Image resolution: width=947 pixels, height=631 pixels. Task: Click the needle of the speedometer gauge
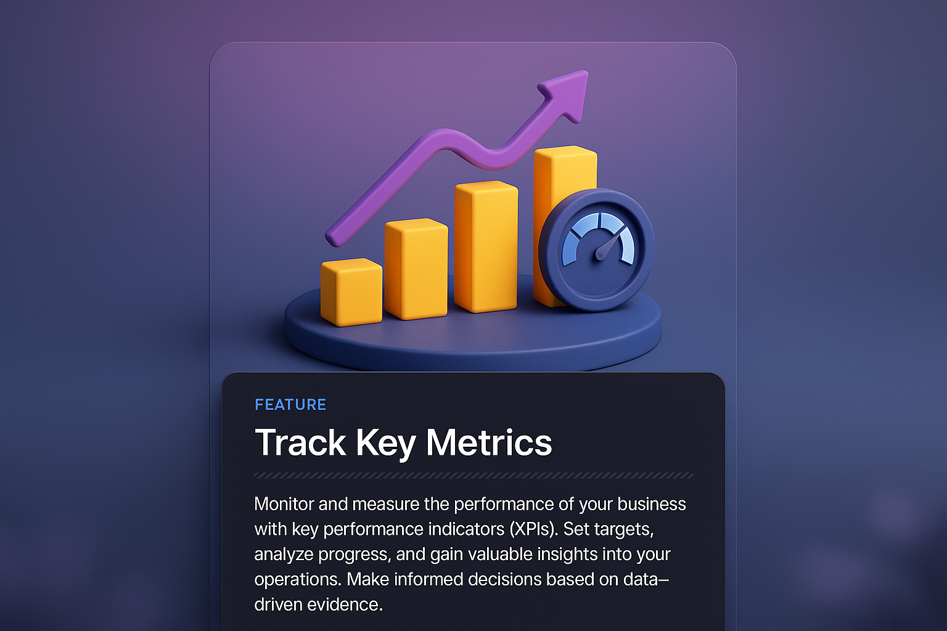pyautogui.click(x=607, y=246)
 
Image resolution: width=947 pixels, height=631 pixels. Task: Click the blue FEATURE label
pyautogui.click(x=290, y=405)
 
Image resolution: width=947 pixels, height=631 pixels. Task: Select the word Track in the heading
pyautogui.click(x=301, y=442)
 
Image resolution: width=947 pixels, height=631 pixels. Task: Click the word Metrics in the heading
pyautogui.click(x=489, y=442)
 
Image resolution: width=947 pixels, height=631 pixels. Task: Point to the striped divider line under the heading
pyautogui.click(x=473, y=476)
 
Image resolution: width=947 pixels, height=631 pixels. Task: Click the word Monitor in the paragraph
pyautogui.click(x=284, y=504)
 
